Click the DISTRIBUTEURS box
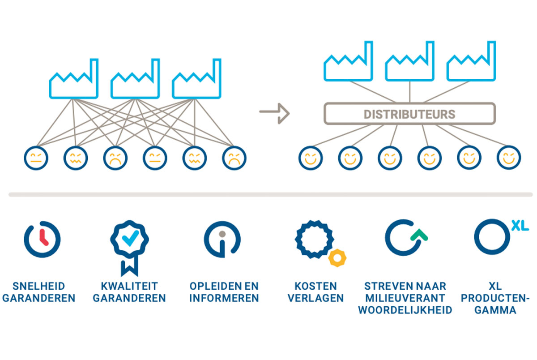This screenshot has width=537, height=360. (x=409, y=114)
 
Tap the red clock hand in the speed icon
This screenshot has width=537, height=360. (x=43, y=237)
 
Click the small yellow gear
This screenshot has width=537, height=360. (x=336, y=257)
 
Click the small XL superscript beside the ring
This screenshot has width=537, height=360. (x=520, y=226)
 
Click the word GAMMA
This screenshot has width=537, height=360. (x=495, y=310)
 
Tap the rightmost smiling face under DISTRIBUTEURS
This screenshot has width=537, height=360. (x=509, y=158)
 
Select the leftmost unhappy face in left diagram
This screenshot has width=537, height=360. (x=36, y=158)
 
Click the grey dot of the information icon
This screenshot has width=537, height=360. (x=222, y=234)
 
